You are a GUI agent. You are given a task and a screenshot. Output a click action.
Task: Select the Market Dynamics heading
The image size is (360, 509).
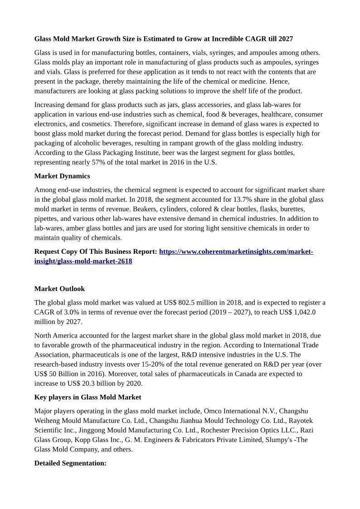click(62, 176)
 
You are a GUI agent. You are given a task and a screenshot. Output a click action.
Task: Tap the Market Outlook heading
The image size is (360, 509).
click(59, 289)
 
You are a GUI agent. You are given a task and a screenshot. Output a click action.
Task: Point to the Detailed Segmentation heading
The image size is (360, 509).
click(70, 463)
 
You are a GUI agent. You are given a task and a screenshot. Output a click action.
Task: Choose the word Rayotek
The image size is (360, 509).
click(301, 421)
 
